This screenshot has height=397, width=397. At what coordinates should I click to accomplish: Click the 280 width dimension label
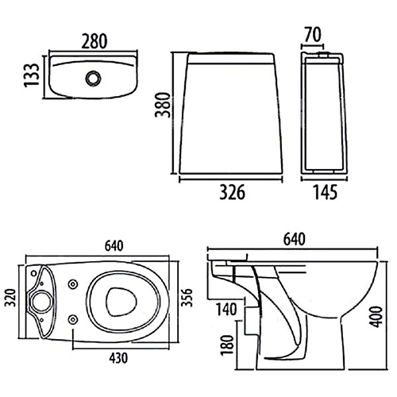[94, 41]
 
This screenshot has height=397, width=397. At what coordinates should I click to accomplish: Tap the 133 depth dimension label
[32, 75]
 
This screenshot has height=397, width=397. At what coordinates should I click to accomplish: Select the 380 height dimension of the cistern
[162, 105]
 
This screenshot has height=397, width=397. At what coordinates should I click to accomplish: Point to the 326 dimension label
[232, 192]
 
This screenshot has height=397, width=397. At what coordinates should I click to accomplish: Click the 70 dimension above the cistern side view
[313, 35]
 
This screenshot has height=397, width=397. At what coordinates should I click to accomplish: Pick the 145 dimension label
[326, 192]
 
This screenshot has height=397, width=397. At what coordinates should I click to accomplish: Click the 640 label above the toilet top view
[114, 246]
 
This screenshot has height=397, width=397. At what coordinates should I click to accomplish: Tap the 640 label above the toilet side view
[295, 239]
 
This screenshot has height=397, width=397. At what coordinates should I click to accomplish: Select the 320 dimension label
[11, 298]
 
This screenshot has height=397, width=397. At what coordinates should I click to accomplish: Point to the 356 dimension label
[187, 298]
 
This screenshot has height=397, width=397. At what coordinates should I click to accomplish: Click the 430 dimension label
[118, 358]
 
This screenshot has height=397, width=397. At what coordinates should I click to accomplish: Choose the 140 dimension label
[227, 310]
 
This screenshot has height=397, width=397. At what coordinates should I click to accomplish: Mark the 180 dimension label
[228, 345]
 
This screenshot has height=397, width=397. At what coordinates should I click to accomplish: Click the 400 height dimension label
[376, 317]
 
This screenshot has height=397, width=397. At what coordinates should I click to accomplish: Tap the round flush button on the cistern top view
[93, 79]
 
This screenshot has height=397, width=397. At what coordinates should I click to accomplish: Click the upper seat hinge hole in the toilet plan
[72, 284]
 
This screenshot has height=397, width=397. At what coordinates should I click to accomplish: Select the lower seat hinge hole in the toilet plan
[72, 320]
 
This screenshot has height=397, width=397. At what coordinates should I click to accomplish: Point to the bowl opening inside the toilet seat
[121, 302]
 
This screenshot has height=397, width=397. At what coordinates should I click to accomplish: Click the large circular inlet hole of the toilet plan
[42, 302]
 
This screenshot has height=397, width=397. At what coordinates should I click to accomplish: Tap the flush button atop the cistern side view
[323, 55]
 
